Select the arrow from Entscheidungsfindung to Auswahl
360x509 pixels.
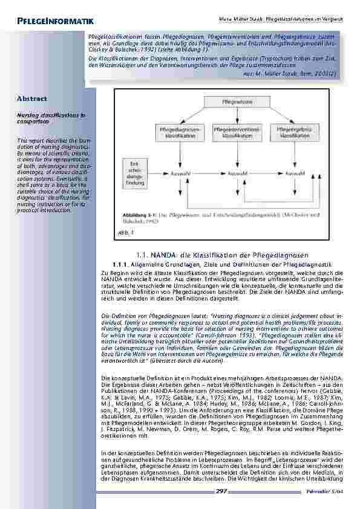click(x=157, y=173)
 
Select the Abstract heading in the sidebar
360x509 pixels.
click(x=32, y=98)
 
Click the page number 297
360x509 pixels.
click(x=221, y=492)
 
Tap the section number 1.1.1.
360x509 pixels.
click(x=122, y=265)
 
